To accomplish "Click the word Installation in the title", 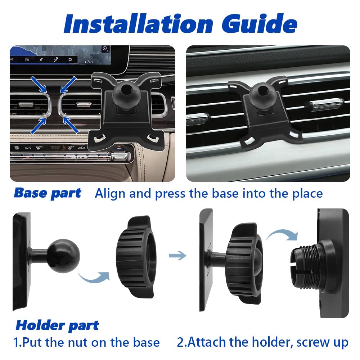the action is tap(138, 24).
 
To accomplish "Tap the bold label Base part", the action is tap(48, 193).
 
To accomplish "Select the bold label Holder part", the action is tap(57, 326).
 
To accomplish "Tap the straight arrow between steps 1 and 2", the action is tap(177, 256).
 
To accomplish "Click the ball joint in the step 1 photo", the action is tap(63, 256).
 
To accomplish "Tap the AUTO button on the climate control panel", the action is tap(28, 148).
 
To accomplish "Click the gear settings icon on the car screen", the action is tap(70, 59).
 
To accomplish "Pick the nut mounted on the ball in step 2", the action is tap(244, 264).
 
